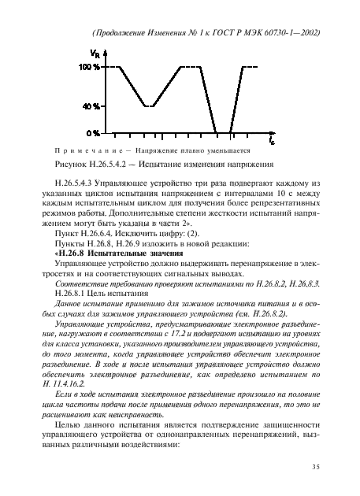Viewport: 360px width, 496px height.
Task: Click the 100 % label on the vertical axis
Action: (89, 68)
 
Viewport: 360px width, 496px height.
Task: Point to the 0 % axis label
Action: (93, 132)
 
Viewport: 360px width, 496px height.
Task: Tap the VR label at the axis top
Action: (96, 53)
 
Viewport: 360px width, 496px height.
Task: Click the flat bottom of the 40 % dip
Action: (147, 105)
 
